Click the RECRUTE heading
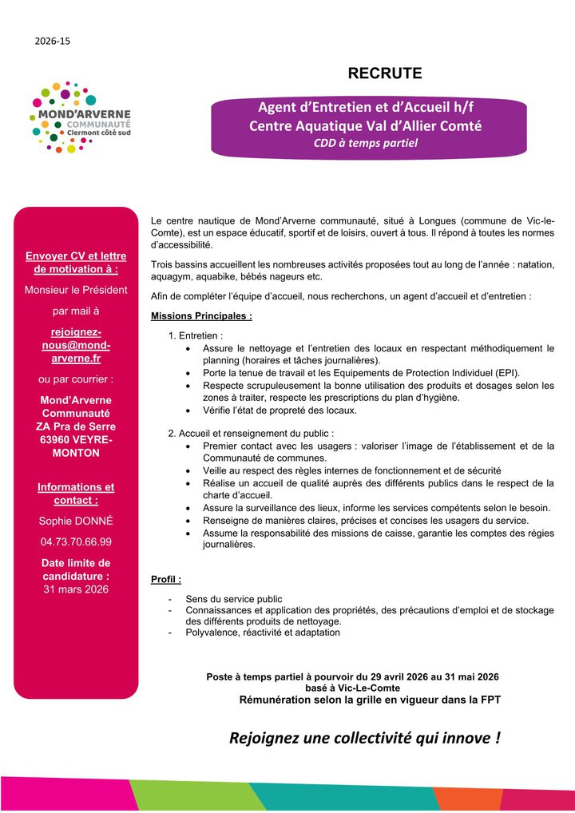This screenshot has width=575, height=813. tap(385, 74)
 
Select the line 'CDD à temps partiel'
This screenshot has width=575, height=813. tap(365, 144)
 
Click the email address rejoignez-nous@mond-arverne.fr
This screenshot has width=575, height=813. tap(76, 345)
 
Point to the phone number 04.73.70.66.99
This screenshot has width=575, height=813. tap(76, 541)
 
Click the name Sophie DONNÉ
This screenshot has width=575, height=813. tap(76, 521)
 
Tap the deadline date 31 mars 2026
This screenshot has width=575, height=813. tap(76, 589)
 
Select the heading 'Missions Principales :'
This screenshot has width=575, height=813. tap(201, 316)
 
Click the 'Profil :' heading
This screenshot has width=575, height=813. tap(166, 578)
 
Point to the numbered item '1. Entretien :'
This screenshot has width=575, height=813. tap(196, 336)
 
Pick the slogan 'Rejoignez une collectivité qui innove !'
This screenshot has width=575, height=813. tap(365, 737)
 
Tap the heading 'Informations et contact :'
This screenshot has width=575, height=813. tap(76, 494)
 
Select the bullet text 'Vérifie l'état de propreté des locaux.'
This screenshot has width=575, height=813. tap(280, 410)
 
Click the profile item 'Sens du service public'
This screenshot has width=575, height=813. tap(233, 599)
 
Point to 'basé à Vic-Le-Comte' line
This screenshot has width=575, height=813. tap(352, 688)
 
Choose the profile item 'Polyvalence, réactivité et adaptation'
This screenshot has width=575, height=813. tap(263, 633)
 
